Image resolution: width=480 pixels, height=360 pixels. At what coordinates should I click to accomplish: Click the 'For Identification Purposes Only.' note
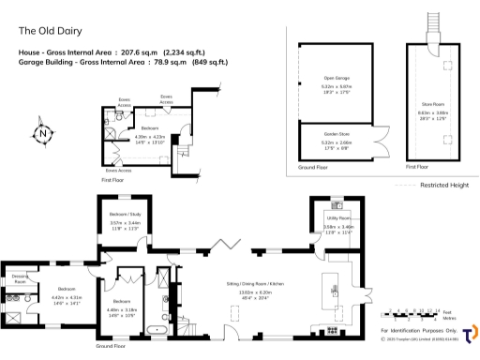tap(419, 331)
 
